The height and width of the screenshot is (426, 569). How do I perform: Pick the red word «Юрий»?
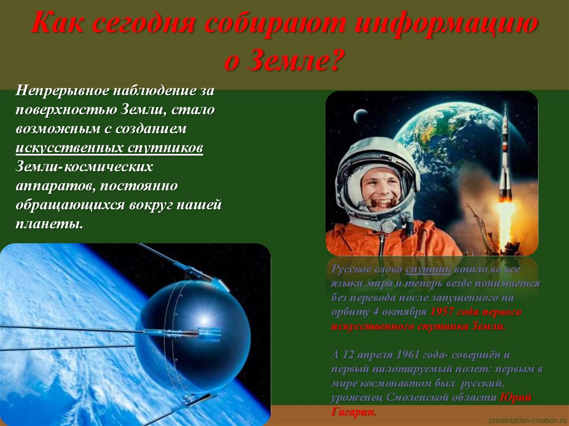click(x=516, y=398)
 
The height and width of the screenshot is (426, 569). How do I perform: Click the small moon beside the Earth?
click(x=361, y=116)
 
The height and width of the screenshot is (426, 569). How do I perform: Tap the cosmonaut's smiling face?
click(x=381, y=186)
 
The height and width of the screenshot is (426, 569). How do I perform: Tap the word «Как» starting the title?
click(x=56, y=25)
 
